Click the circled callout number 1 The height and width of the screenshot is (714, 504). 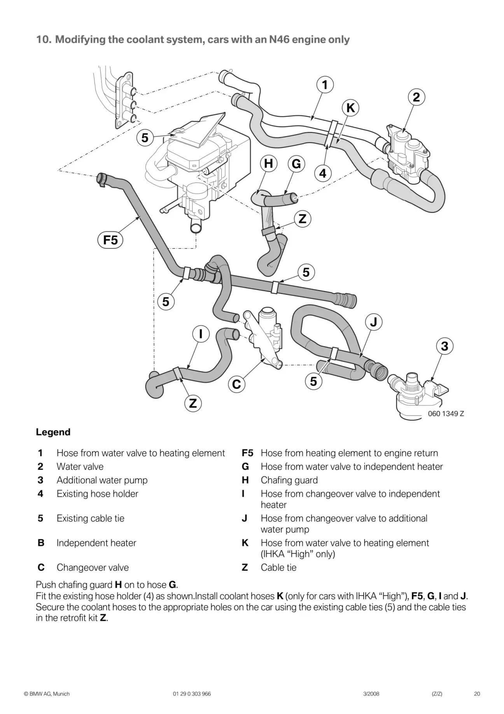coord(325,85)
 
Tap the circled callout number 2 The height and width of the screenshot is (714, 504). coord(416,97)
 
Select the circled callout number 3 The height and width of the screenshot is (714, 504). coord(444,346)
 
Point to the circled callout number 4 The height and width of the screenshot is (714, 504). coord(323,173)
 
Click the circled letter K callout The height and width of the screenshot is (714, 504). coord(350,108)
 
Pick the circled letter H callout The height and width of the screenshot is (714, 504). coord(268,164)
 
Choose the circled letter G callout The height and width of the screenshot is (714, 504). coord(296,164)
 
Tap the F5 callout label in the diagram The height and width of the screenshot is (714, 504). coord(110,240)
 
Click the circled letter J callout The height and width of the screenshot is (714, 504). coord(374,322)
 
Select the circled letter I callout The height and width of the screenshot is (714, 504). coord(201,334)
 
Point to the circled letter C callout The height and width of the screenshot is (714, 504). coord(236,384)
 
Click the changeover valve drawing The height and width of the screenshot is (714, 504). coord(264,335)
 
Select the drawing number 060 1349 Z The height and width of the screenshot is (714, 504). coord(446,413)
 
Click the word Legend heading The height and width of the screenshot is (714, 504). coord(53,432)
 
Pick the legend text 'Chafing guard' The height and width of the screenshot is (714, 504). coord(289,480)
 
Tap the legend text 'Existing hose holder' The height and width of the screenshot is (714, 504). coord(97,494)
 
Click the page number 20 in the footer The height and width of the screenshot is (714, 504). coord(477,694)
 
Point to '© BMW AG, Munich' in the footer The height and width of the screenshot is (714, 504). coord(47,694)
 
